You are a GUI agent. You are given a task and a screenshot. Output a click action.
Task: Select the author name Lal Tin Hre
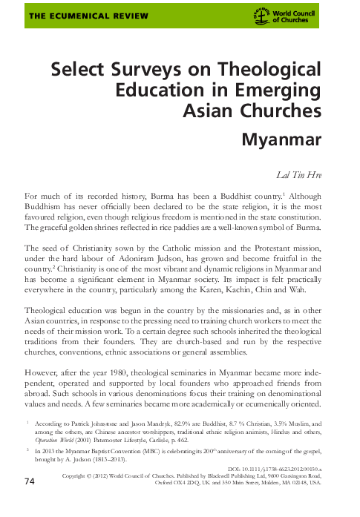300,174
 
